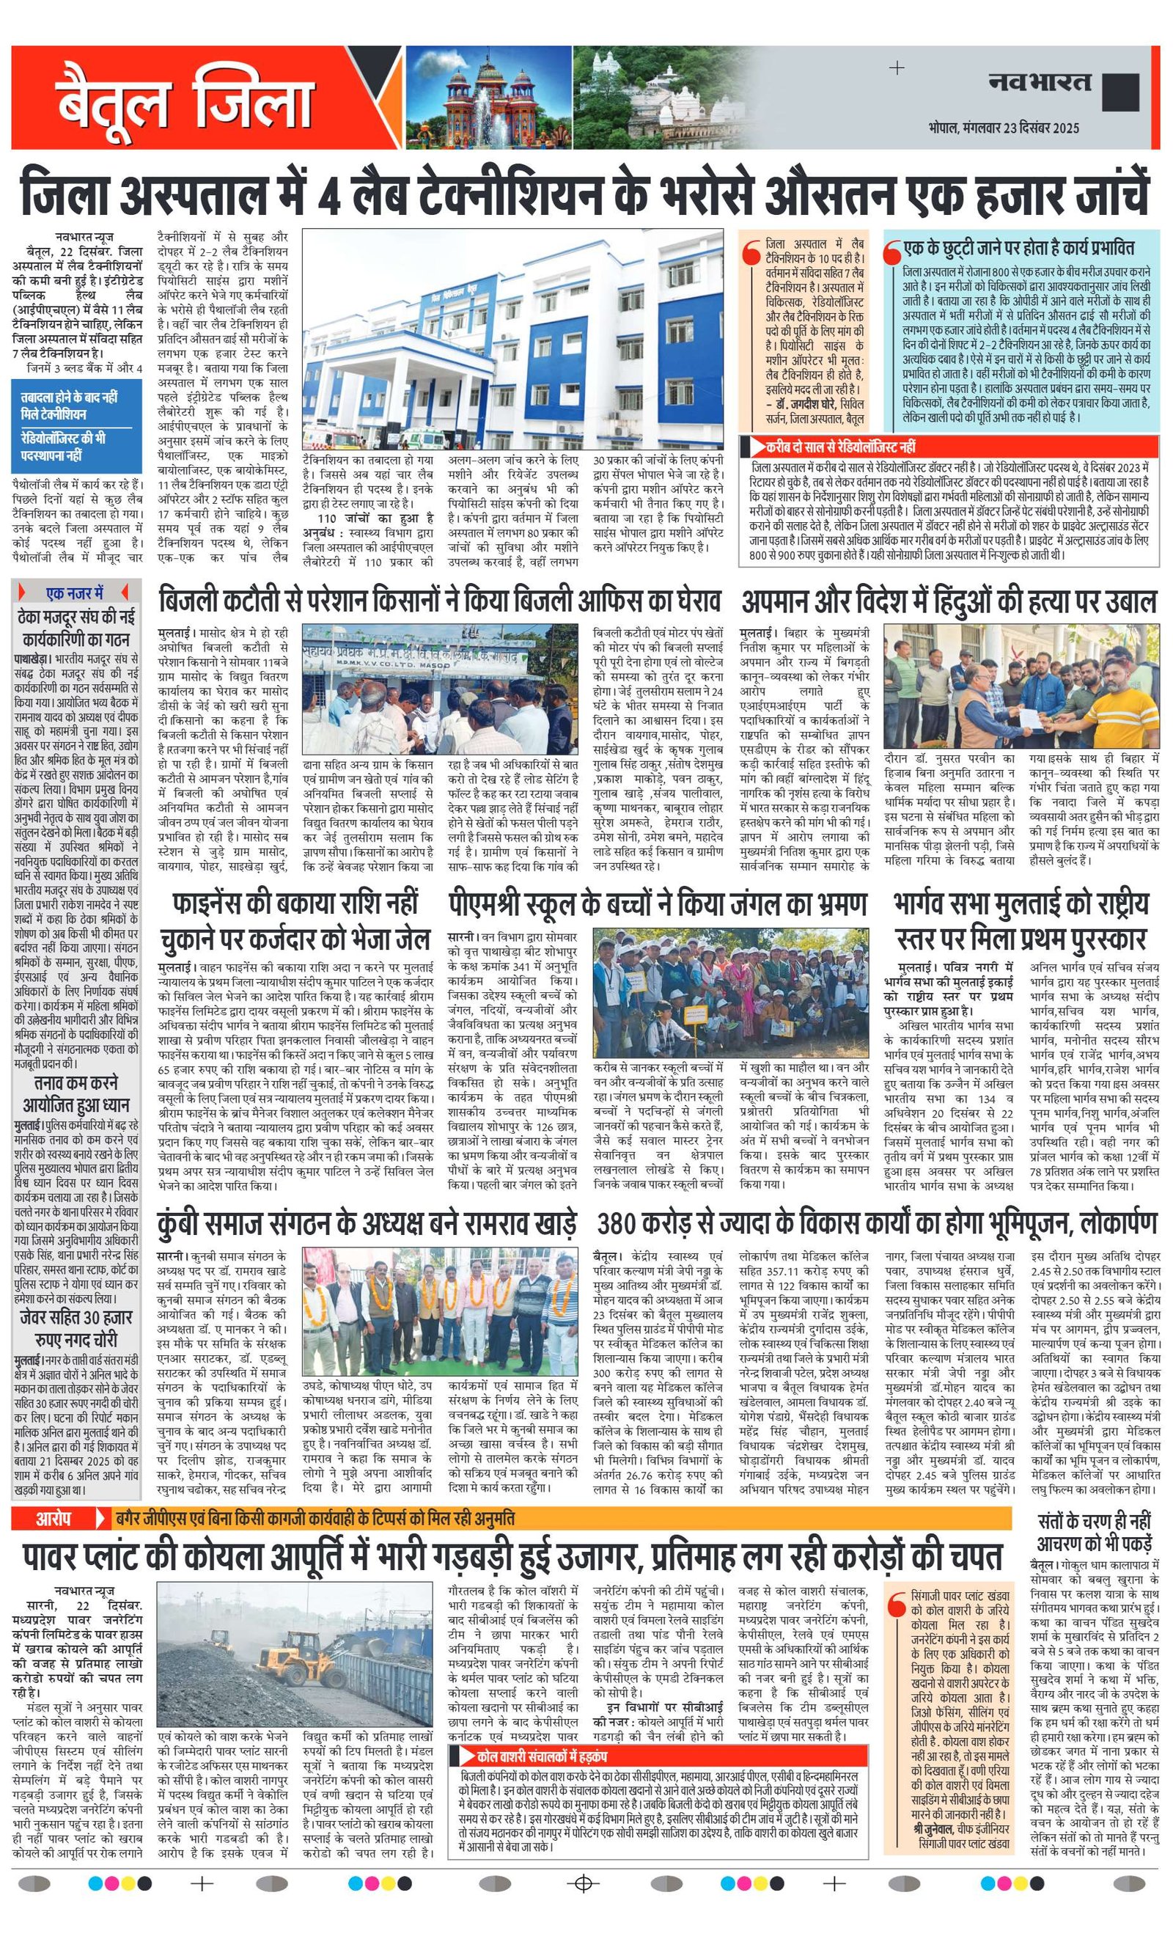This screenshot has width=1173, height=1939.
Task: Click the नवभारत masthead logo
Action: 1040,83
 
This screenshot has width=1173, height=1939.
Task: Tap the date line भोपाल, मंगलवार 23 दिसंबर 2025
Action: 1003,128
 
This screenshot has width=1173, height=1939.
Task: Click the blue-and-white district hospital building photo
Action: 513,338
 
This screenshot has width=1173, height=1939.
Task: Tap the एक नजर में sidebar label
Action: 75,593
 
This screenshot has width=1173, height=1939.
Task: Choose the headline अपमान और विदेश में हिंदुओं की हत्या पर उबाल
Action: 949,603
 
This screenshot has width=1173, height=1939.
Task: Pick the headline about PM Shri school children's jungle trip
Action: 658,905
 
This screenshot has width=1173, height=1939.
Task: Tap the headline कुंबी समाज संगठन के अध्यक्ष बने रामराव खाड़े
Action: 367,1224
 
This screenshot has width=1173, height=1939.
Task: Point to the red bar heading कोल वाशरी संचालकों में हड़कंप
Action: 542,1756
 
